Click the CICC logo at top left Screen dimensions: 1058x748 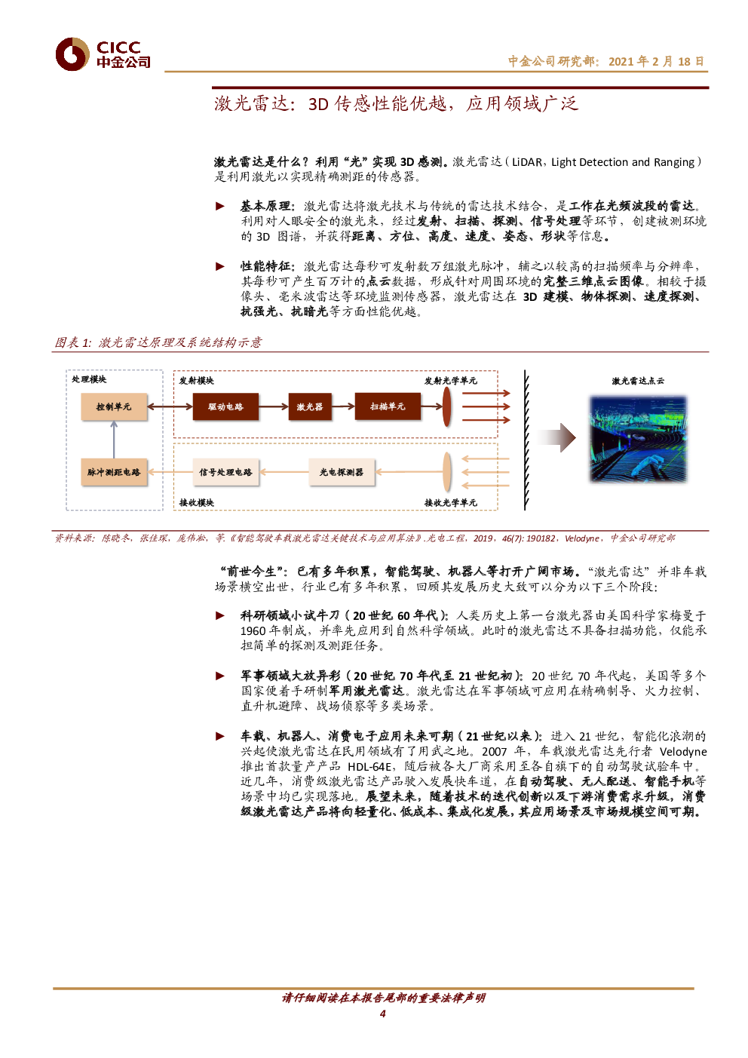[102, 54]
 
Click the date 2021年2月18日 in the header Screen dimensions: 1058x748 [656, 61]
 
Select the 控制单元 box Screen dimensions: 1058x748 [114, 406]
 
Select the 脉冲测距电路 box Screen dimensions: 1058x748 [114, 472]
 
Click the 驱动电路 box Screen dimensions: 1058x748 [225, 406]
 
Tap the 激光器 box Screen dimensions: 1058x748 [309, 406]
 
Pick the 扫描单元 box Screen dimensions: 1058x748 [387, 406]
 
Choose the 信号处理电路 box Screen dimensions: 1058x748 [225, 472]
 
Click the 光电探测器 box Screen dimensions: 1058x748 [341, 472]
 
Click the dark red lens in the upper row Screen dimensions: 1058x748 [446, 406]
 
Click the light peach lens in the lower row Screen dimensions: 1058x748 [446, 472]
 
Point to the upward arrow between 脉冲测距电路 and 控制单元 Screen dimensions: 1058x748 [114, 439]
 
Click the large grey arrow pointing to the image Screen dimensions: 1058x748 [555, 437]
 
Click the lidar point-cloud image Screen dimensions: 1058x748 [638, 438]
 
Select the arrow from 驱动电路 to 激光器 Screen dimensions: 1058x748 [273, 406]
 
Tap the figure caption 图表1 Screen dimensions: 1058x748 [158, 342]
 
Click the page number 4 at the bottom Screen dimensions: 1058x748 [382, 1013]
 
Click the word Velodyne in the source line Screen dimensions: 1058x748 [582, 538]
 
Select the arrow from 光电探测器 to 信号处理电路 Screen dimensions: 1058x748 [284, 472]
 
